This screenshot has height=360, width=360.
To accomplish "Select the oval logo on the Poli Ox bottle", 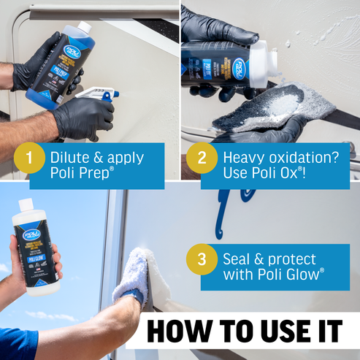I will coord(239,68).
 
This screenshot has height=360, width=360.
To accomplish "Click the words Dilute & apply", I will coord(96,156).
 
